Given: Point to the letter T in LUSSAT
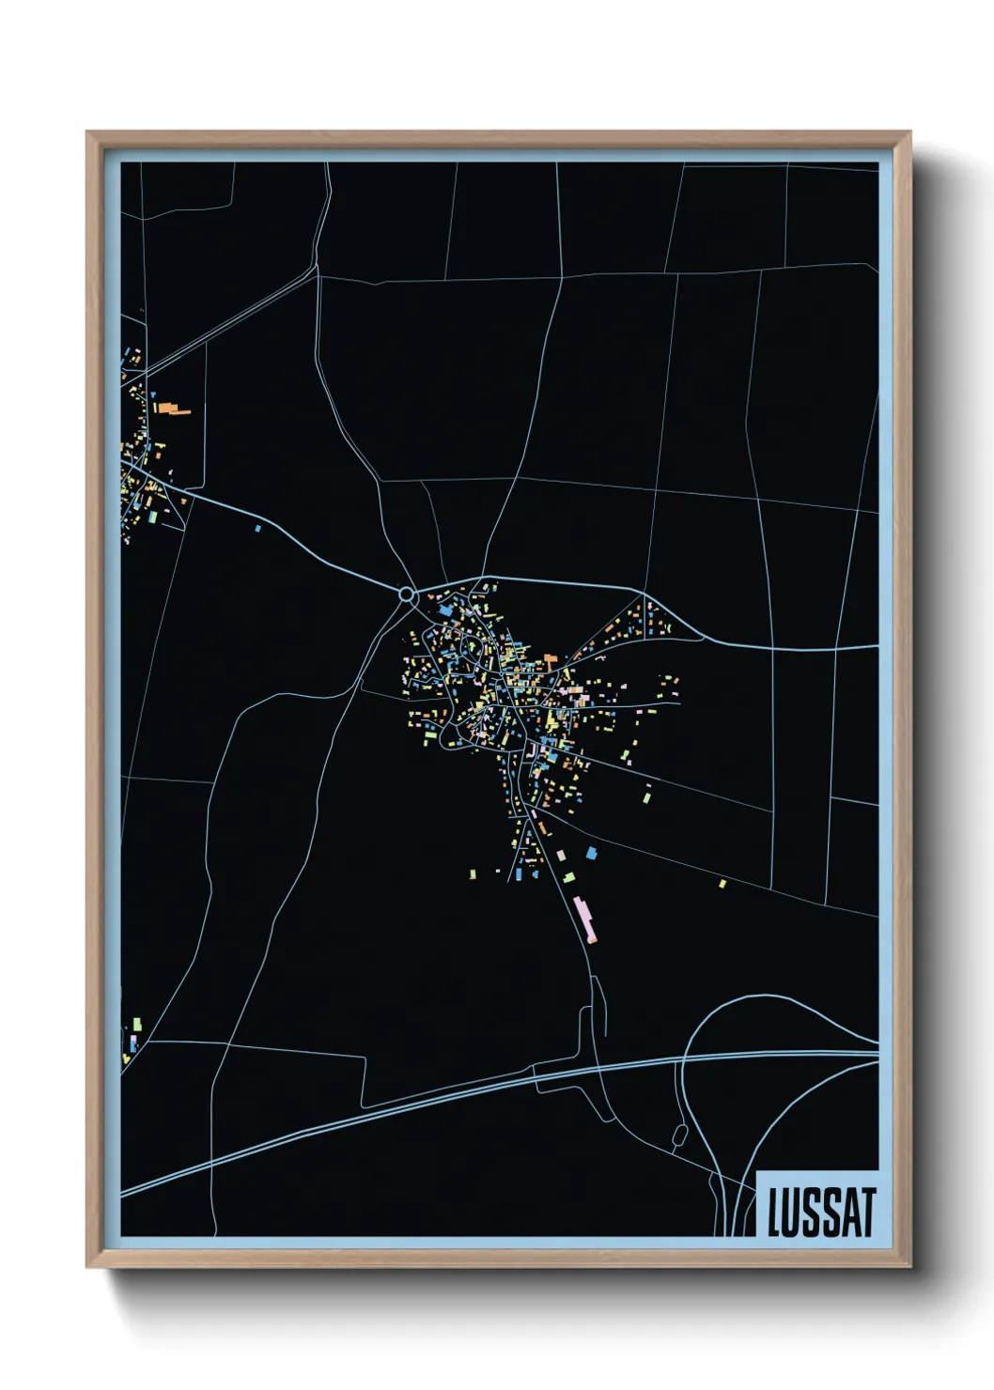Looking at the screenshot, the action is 867,1212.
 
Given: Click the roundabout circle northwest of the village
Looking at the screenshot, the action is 407,594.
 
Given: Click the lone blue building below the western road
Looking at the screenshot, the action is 257,529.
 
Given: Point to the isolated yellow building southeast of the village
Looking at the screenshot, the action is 722,884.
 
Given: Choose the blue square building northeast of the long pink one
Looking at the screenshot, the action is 591,854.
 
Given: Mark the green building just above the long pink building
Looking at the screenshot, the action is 568,877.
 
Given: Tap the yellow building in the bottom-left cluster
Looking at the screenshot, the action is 126,1058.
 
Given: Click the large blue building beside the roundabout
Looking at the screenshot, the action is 445,610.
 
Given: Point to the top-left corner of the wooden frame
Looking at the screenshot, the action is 87,132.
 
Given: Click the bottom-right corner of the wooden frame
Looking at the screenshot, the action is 909,1267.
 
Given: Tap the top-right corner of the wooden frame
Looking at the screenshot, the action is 909,132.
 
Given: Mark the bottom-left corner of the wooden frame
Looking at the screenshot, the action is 87,1267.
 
